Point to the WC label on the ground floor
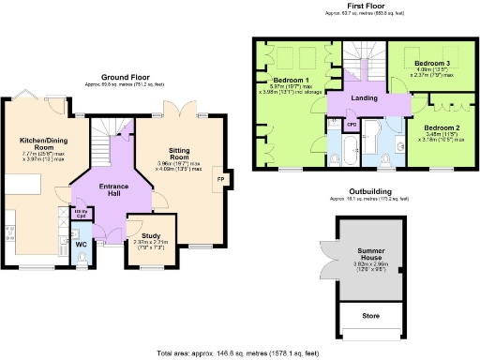coord(82,244)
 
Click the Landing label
coord(365,97)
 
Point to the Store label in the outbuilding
coord(372,316)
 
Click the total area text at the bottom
coord(239,353)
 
